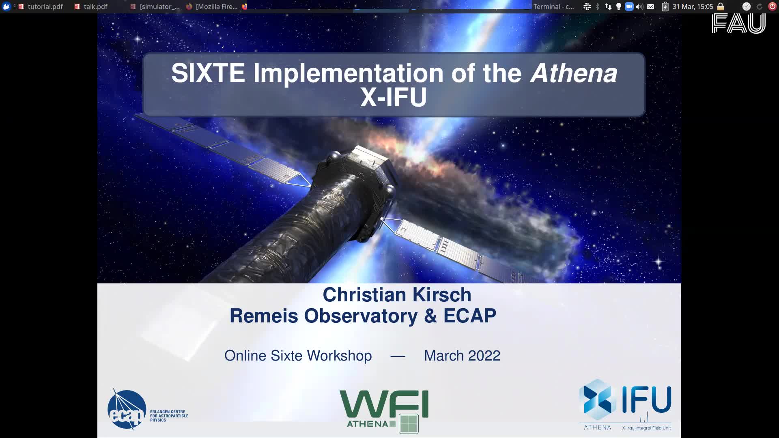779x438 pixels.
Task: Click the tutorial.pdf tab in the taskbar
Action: click(x=41, y=6)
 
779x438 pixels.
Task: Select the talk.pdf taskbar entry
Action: click(x=91, y=6)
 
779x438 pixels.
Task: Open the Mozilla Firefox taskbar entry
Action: click(x=213, y=6)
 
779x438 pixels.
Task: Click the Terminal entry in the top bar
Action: click(x=553, y=6)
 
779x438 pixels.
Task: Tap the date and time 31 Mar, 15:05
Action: click(x=693, y=6)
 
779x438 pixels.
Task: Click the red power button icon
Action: click(x=772, y=6)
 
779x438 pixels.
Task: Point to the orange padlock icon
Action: click(x=721, y=6)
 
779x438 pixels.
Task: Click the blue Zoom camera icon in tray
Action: click(x=629, y=6)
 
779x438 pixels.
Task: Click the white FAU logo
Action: click(x=738, y=23)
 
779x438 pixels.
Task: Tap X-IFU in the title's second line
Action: click(x=394, y=97)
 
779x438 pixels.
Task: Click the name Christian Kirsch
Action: click(x=397, y=295)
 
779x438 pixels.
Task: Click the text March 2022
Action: click(x=462, y=356)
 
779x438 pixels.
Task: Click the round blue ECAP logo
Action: click(x=127, y=410)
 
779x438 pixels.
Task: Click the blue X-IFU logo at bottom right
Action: click(x=625, y=404)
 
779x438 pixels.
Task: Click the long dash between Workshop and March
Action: click(x=398, y=356)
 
